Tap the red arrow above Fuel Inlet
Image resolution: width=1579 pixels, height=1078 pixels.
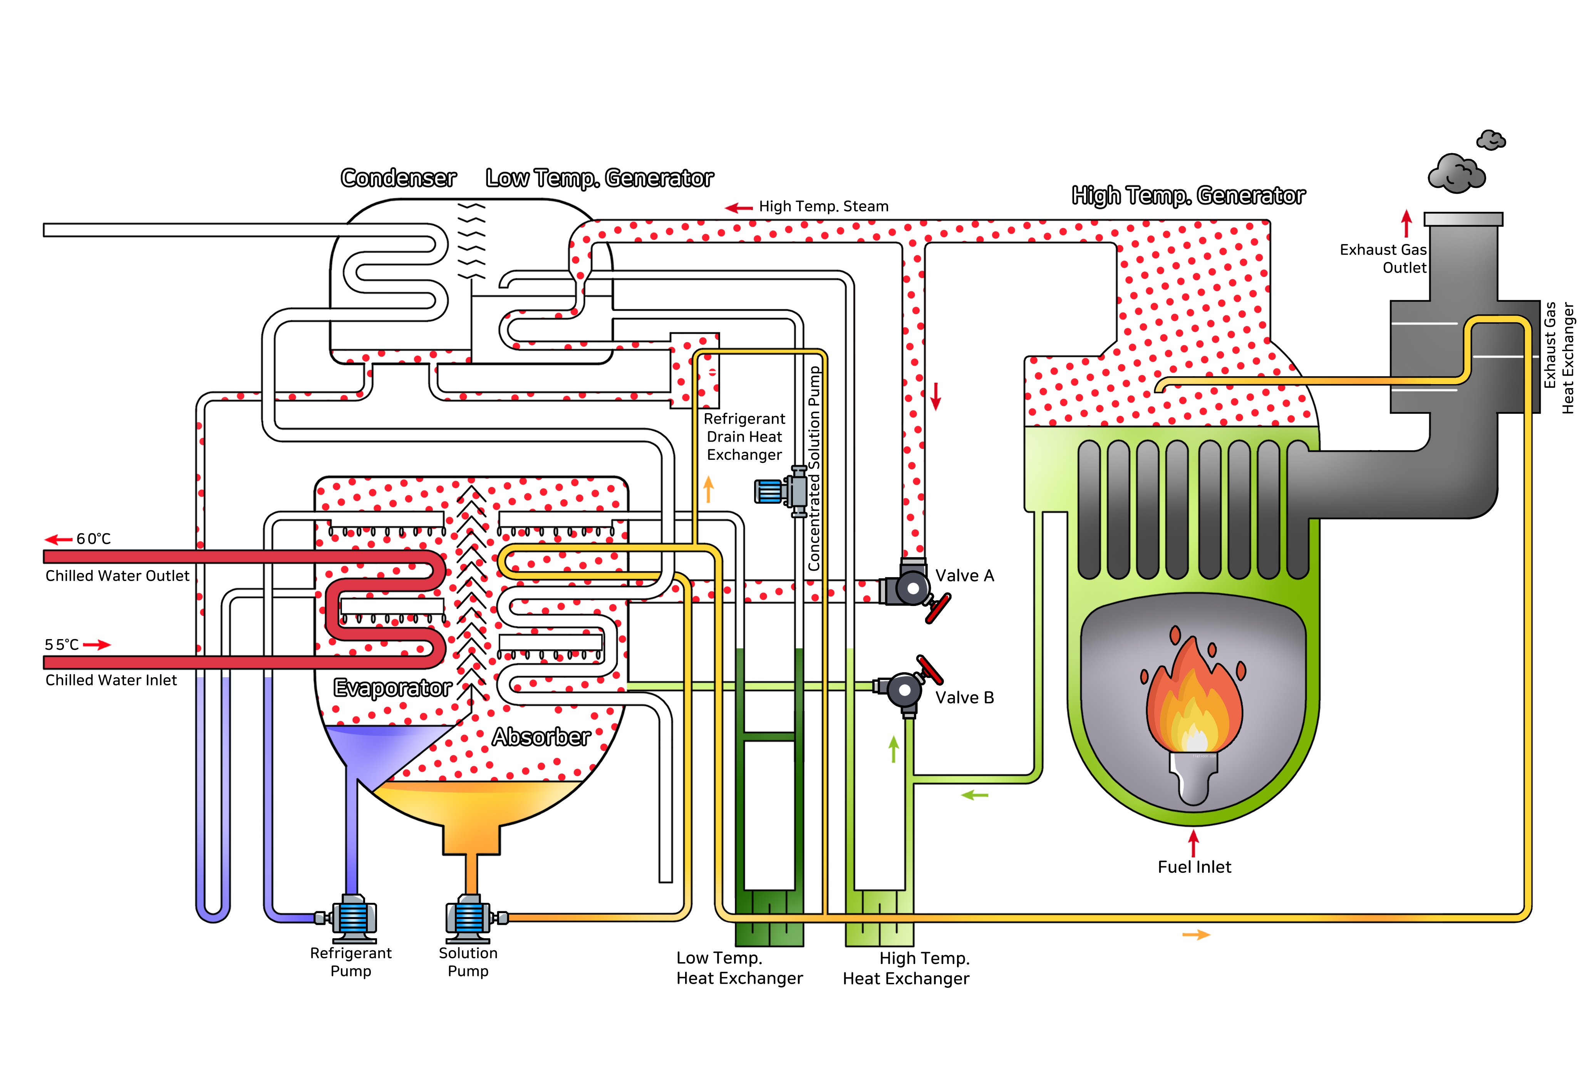coord(1193,843)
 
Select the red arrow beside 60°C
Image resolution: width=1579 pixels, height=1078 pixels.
coord(59,539)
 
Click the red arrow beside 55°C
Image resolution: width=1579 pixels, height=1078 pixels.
coord(97,644)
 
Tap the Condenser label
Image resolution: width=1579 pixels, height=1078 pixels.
coord(398,178)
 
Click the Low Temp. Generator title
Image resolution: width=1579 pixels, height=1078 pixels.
coord(599,178)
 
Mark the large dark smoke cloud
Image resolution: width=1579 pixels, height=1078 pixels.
coord(1457,174)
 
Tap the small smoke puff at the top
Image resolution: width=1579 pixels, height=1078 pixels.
coord(1491,140)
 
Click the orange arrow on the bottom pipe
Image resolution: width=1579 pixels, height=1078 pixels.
coord(1196,935)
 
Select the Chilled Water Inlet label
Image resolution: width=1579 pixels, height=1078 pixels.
coord(111,680)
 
